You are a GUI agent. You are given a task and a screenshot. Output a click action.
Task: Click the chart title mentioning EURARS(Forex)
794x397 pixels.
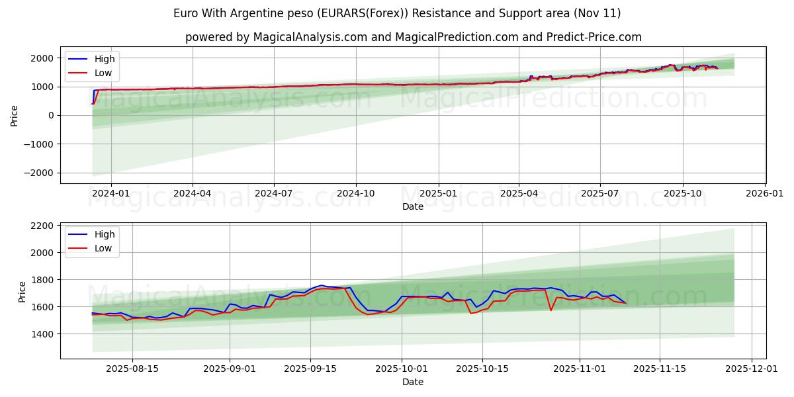[397, 13]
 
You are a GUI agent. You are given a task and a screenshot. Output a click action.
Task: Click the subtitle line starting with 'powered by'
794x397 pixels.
[414, 37]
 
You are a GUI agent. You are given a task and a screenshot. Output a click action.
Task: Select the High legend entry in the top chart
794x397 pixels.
[104, 59]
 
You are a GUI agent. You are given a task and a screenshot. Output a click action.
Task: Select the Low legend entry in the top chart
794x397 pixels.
[103, 73]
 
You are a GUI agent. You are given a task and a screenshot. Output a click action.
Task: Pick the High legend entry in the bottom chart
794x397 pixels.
[104, 234]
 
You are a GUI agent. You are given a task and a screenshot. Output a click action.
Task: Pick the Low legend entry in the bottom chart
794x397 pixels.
[103, 248]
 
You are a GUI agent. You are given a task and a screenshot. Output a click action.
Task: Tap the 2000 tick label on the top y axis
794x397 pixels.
[42, 58]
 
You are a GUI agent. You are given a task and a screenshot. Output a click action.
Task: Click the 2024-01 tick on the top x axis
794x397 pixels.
[110, 194]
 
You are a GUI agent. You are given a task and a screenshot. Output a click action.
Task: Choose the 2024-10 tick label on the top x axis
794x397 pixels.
[356, 194]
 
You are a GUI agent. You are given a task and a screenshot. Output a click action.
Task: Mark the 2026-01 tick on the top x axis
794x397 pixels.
[765, 194]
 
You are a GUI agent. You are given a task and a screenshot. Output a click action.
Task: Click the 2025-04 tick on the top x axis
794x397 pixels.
[519, 194]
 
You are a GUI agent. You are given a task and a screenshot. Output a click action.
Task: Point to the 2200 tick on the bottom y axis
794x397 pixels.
[42, 226]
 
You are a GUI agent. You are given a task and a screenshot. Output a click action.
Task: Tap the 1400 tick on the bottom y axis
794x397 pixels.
[42, 334]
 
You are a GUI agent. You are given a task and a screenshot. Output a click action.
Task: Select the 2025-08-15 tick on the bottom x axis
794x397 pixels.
[132, 369]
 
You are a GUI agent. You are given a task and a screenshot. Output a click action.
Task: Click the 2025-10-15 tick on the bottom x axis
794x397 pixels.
[482, 369]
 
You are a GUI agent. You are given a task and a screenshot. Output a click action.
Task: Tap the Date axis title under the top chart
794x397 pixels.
[413, 206]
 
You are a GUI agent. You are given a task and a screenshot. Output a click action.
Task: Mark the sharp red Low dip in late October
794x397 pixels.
[551, 310]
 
